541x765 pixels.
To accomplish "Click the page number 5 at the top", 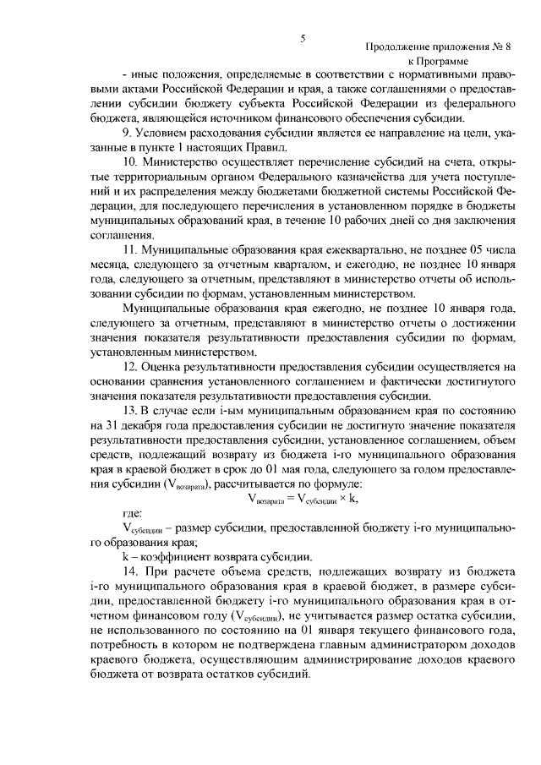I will tap(302, 37).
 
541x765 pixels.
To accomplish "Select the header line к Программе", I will tap(447, 62).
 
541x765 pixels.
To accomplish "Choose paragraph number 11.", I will tap(130, 251).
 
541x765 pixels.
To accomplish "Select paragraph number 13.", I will tap(130, 408).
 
